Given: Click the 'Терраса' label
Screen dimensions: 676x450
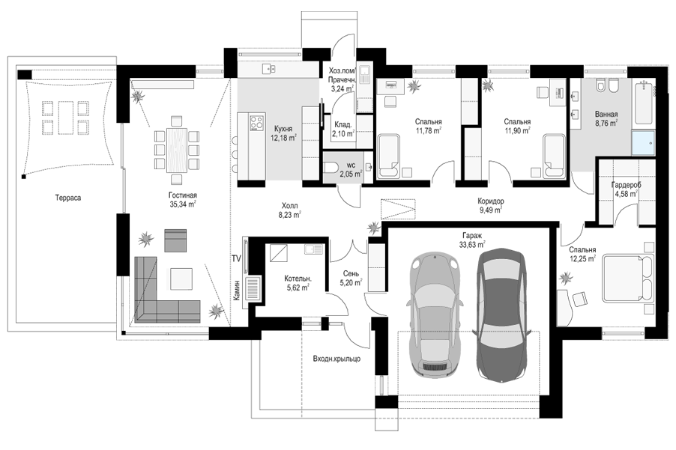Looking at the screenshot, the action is (67, 198).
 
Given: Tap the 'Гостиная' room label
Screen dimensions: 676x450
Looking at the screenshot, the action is (182, 195).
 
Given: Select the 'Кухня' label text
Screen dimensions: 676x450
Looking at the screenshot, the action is (283, 129).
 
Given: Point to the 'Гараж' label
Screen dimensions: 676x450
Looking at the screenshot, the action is (472, 236).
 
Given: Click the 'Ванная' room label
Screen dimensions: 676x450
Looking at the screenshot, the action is (606, 114).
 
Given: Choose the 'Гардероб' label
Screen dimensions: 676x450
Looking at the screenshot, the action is (626, 185).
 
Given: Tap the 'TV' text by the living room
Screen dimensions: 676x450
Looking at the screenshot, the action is (236, 259).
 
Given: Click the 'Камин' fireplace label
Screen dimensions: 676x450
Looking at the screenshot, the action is (236, 290).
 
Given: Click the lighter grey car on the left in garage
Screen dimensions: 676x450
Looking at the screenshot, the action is (435, 315).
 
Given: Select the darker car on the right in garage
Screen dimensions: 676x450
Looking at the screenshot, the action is (502, 315).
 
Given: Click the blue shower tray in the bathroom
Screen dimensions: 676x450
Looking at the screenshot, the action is (643, 143).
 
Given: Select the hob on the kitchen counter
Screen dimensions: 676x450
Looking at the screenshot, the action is (257, 121).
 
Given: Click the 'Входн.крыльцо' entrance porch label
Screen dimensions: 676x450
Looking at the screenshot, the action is (337, 359).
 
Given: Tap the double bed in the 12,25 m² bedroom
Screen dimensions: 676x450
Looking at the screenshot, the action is (628, 278).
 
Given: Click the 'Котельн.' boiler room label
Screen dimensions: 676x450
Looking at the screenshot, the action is (298, 279).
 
